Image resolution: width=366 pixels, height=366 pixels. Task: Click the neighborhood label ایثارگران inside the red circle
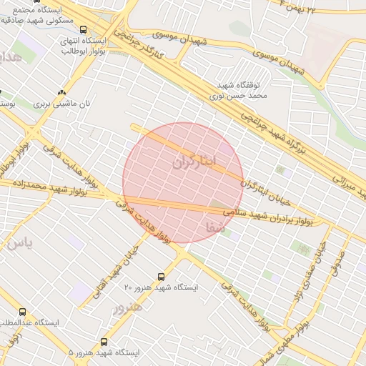click(x=194, y=162)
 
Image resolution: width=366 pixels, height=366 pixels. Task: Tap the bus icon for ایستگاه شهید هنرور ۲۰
click(x=161, y=276)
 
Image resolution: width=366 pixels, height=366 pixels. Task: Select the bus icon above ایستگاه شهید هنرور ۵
click(x=104, y=342)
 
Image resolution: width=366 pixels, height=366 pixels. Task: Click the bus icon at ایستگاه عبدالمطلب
click(x=23, y=312)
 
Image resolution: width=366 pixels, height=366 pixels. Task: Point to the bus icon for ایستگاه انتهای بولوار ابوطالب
click(x=84, y=30)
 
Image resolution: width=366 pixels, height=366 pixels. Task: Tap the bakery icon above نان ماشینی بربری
click(x=61, y=92)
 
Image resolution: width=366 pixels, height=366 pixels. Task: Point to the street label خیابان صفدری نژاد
click(x=312, y=272)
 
